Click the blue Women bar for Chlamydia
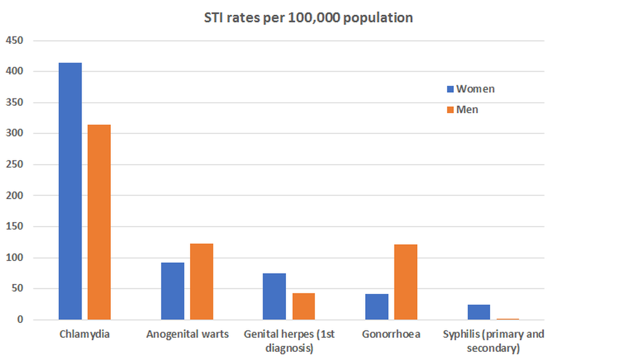pyautogui.click(x=70, y=191)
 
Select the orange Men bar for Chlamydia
pyautogui.click(x=99, y=222)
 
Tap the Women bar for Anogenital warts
pyautogui.click(x=173, y=291)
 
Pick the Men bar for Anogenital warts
pyautogui.click(x=202, y=281)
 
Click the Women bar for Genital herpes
pyautogui.click(x=274, y=296)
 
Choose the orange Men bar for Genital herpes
pyautogui.click(x=303, y=306)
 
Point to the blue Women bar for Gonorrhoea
pyautogui.click(x=376, y=307)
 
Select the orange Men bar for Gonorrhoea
pyautogui.click(x=405, y=282)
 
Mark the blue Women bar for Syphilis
pyautogui.click(x=478, y=312)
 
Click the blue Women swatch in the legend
pyautogui.click(x=450, y=89)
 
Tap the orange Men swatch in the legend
pyautogui.click(x=450, y=110)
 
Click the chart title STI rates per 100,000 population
pyautogui.click(x=308, y=18)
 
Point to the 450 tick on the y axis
pyautogui.click(x=14, y=41)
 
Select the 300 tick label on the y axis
pyautogui.click(x=14, y=134)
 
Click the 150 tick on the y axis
pyautogui.click(x=14, y=226)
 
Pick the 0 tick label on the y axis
pyautogui.click(x=20, y=320)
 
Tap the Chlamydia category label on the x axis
pyautogui.click(x=85, y=335)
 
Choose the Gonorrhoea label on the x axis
pyautogui.click(x=391, y=335)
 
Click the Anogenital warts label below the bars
pyautogui.click(x=188, y=335)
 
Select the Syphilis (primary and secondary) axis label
pyautogui.click(x=493, y=341)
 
